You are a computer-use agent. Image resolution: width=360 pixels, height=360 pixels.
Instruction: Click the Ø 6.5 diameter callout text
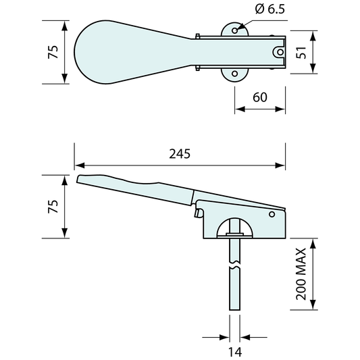point(269,9)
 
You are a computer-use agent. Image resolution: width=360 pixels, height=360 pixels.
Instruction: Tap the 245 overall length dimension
point(180,154)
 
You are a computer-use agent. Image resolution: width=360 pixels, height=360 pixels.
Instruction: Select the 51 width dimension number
point(301,53)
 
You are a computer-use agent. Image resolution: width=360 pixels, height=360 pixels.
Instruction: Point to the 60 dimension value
point(260,97)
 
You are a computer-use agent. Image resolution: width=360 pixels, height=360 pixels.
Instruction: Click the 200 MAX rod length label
point(301,274)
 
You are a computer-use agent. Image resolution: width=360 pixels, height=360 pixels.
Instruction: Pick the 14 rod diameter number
point(235,352)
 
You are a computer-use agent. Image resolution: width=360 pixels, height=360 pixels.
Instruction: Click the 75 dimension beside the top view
point(53,52)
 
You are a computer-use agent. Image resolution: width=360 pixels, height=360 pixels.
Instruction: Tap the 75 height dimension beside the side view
point(53,207)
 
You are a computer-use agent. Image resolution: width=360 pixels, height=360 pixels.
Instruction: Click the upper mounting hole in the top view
point(234,30)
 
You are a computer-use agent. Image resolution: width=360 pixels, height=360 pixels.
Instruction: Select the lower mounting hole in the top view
point(234,74)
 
